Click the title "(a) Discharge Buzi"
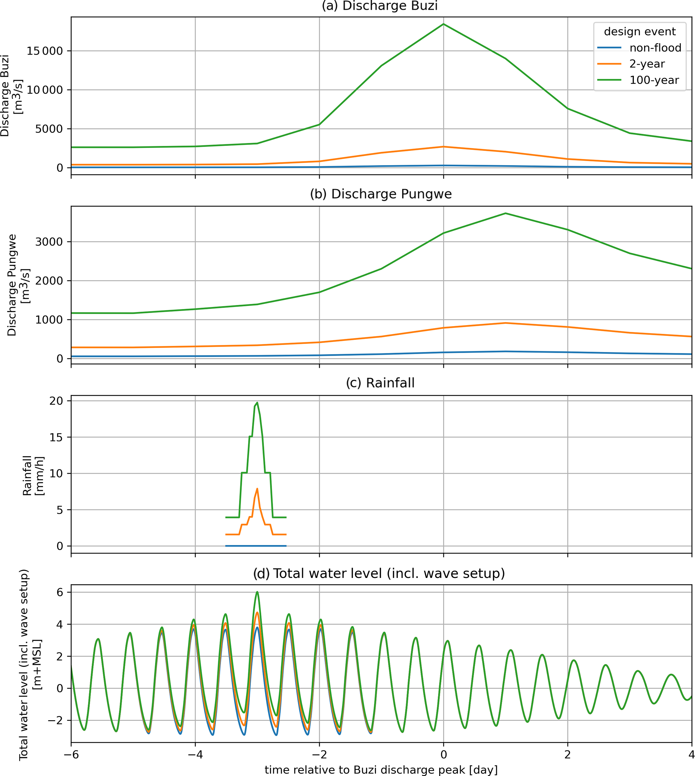(x=380, y=6)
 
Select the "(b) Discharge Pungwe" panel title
(x=381, y=194)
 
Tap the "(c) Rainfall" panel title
(x=380, y=383)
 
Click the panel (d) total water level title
(x=379, y=573)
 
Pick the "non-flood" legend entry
(x=655, y=48)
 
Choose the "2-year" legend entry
(x=647, y=64)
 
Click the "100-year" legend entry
(x=654, y=80)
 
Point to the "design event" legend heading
(x=640, y=31)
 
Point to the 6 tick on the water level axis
(x=60, y=592)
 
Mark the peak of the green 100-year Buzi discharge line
(x=443, y=24)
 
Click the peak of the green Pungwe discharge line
(x=506, y=213)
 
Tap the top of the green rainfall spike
(x=257, y=402)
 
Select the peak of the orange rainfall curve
(x=257, y=489)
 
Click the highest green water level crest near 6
(x=257, y=592)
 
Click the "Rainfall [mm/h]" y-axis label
(x=33, y=476)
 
